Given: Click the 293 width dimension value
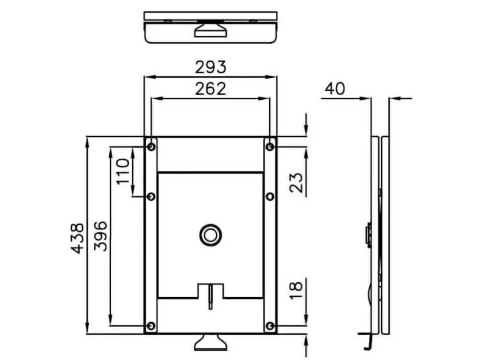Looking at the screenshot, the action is pyautogui.click(x=210, y=67).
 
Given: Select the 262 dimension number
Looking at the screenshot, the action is pyautogui.click(x=210, y=89).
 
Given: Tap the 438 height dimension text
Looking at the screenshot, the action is pyautogui.click(x=77, y=238).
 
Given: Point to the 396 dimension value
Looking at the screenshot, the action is pyautogui.click(x=100, y=236).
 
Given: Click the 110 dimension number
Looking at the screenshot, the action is pyautogui.click(x=123, y=172).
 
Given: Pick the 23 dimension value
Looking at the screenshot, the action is pyautogui.click(x=296, y=183).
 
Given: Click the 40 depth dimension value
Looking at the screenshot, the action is pyautogui.click(x=335, y=89).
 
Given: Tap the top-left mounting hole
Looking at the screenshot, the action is pyautogui.click(x=151, y=147).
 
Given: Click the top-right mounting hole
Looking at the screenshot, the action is pyautogui.click(x=270, y=147).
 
